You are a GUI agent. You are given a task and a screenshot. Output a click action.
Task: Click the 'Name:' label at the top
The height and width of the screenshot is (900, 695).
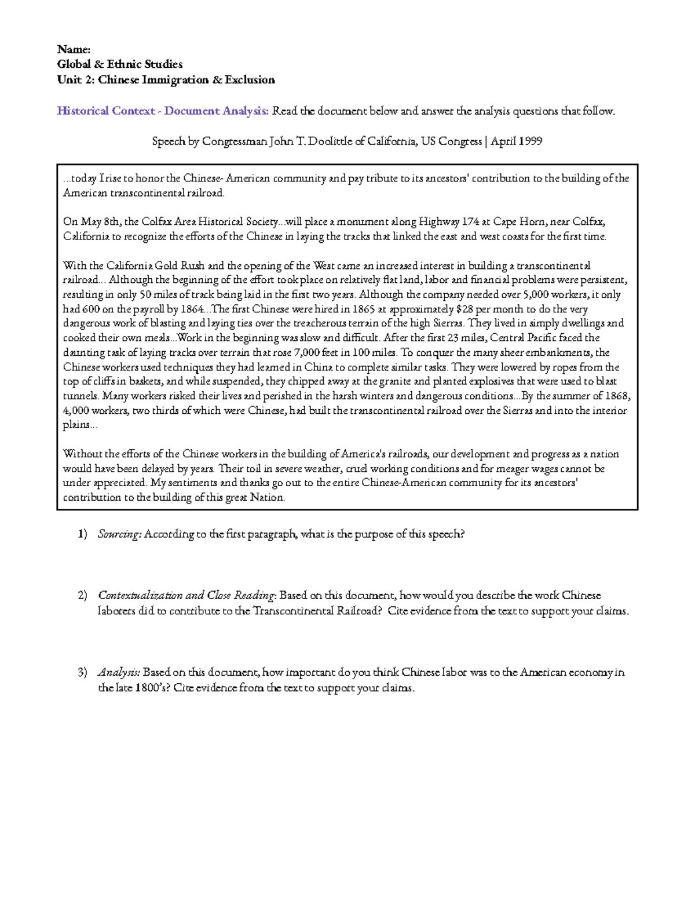[x=74, y=49]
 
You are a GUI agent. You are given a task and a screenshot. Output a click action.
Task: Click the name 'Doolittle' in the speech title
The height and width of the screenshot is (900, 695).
[x=329, y=141]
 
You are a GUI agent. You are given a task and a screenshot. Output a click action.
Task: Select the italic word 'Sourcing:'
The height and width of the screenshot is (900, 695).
[x=119, y=534]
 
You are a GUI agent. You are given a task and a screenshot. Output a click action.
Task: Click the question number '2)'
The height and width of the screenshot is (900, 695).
[x=82, y=595]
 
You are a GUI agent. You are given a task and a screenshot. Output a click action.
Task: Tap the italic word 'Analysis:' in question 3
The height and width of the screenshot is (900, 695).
[x=119, y=673]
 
